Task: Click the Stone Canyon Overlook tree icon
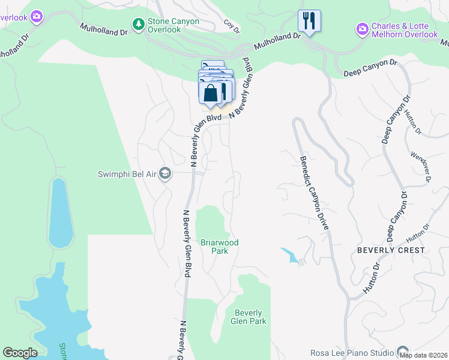tap(139, 24)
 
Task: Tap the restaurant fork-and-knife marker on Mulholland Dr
tap(309, 21)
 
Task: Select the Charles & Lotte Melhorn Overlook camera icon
tap(362, 29)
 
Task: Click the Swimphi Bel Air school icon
tap(165, 174)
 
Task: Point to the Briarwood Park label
tap(220, 247)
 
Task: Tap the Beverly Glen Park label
tap(249, 317)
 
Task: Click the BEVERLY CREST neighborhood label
tap(391, 250)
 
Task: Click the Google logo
tap(20, 353)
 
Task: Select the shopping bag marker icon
tap(211, 94)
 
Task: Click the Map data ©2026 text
tap(424, 355)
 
